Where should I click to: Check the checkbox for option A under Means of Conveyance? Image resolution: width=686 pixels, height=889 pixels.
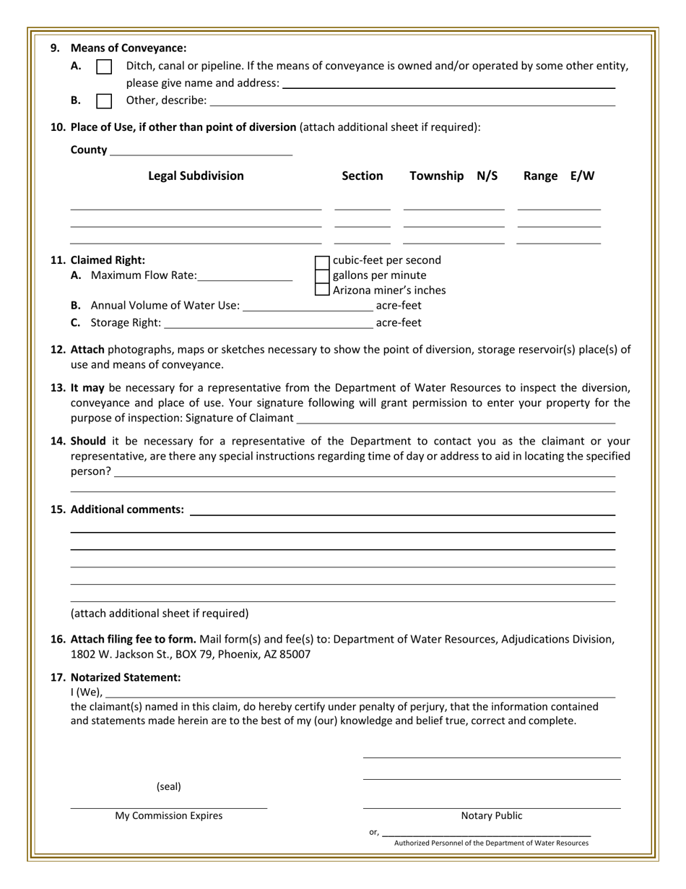point(104,66)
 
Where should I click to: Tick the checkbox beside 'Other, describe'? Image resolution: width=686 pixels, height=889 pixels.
point(104,100)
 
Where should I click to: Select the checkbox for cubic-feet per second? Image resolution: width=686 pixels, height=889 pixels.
point(323,261)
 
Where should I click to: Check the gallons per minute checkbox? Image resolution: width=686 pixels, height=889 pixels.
point(323,275)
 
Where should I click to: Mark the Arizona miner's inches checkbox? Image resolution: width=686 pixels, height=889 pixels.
point(323,290)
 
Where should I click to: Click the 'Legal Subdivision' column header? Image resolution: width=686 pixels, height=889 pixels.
point(196,176)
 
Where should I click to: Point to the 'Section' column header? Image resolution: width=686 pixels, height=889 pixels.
point(362,176)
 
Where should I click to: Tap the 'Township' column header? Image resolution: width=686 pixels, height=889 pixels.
point(440,176)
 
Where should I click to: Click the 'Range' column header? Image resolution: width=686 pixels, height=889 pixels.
point(540,176)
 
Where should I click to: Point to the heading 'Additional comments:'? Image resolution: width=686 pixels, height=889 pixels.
point(126,510)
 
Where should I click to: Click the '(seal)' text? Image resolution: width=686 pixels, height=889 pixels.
point(169,786)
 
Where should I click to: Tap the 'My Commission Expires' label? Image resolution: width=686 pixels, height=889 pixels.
point(169,816)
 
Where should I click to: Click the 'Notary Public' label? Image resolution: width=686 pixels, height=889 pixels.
point(492,816)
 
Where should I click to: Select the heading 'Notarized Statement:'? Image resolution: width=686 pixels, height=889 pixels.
point(126,677)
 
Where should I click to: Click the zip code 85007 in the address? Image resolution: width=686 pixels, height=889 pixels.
point(295,654)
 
